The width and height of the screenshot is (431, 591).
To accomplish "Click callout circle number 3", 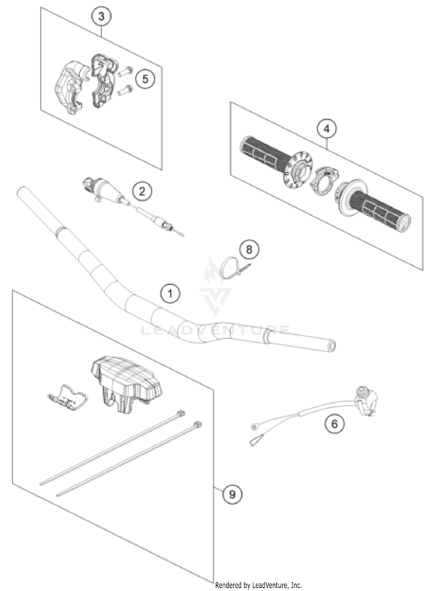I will tap(101, 17).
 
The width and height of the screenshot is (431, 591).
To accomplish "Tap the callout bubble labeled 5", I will tap(145, 79).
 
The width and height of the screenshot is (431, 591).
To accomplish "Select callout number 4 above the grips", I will tap(327, 129).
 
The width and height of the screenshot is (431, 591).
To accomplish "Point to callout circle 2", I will tap(142, 191).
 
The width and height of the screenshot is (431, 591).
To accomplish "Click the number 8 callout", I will tap(249, 249).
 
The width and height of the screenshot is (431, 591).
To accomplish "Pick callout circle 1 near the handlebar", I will tap(170, 294).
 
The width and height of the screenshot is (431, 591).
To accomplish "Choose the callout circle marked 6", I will tap(334, 424).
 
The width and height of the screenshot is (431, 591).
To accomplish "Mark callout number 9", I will tap(232, 494).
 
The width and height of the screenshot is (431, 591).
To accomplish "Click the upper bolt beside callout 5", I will tap(125, 71).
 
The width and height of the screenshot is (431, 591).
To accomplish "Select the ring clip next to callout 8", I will tap(228, 268).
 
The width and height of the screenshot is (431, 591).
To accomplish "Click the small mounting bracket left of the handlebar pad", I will tap(68, 397).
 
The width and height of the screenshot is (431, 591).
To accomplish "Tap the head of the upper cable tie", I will tap(181, 413).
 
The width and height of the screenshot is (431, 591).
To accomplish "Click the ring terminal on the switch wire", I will tap(254, 427).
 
